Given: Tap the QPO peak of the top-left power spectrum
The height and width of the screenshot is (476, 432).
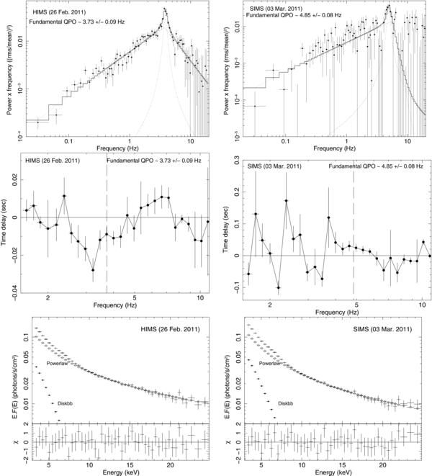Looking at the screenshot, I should point(165,9).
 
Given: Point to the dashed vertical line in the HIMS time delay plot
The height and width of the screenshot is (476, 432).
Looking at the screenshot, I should point(106,216).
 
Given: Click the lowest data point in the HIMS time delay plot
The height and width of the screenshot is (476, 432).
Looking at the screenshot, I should point(93,269).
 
